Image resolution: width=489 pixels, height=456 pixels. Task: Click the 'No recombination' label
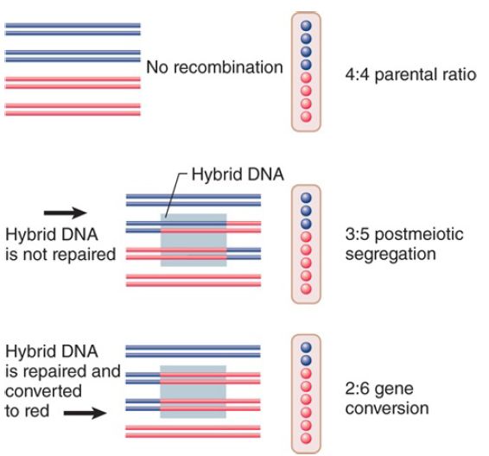(x=214, y=67)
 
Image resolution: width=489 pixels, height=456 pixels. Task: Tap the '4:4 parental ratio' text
(x=410, y=75)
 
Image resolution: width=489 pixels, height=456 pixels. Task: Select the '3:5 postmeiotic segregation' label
(x=404, y=244)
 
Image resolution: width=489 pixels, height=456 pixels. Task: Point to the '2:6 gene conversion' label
(x=387, y=398)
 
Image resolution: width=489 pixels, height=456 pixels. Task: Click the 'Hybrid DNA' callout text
(x=238, y=174)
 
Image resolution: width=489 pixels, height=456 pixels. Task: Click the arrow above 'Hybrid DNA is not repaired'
(x=65, y=212)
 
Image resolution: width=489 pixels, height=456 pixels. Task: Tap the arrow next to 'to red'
(x=86, y=414)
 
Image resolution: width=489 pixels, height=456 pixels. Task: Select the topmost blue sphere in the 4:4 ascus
(x=306, y=26)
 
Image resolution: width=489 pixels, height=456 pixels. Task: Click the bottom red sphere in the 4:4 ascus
(x=306, y=117)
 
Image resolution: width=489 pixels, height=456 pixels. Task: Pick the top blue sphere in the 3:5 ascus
(x=306, y=198)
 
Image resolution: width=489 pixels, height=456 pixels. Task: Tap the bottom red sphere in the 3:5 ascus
(x=306, y=288)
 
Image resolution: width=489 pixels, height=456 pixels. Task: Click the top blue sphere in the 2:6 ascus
(x=306, y=347)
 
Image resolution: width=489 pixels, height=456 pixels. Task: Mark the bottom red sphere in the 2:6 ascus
(x=306, y=438)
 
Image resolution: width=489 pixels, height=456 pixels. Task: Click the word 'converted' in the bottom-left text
(x=44, y=391)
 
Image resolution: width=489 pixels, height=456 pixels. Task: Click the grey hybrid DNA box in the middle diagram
(x=194, y=240)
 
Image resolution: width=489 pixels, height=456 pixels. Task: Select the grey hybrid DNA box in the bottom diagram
(x=193, y=392)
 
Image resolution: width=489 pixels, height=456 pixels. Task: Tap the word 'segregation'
(x=391, y=255)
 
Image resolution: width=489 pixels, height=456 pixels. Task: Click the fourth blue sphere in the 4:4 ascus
(x=306, y=65)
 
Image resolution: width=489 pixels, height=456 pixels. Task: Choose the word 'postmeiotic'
(x=419, y=235)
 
